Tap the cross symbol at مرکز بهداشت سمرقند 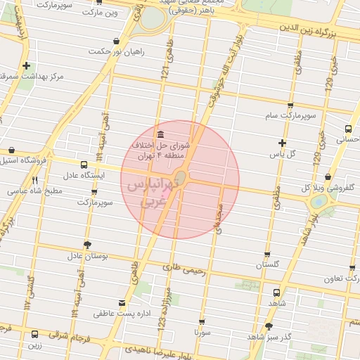pyautogui.click(x=26, y=65)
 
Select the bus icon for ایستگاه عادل pyautogui.click(x=84, y=165)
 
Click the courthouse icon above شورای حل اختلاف pyautogui.click(x=162, y=134)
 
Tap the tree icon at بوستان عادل pyautogui.click(x=86, y=245)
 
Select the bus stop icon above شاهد pyautogui.click(x=276, y=292)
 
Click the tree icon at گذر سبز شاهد pyautogui.click(x=269, y=326)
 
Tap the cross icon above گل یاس pyautogui.click(x=282, y=143)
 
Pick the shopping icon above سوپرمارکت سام pyautogui.click(x=290, y=105)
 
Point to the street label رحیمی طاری pyautogui.click(x=182, y=268)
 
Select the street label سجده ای pyautogui.click(x=219, y=219)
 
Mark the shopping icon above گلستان pyautogui.click(x=267, y=255)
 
